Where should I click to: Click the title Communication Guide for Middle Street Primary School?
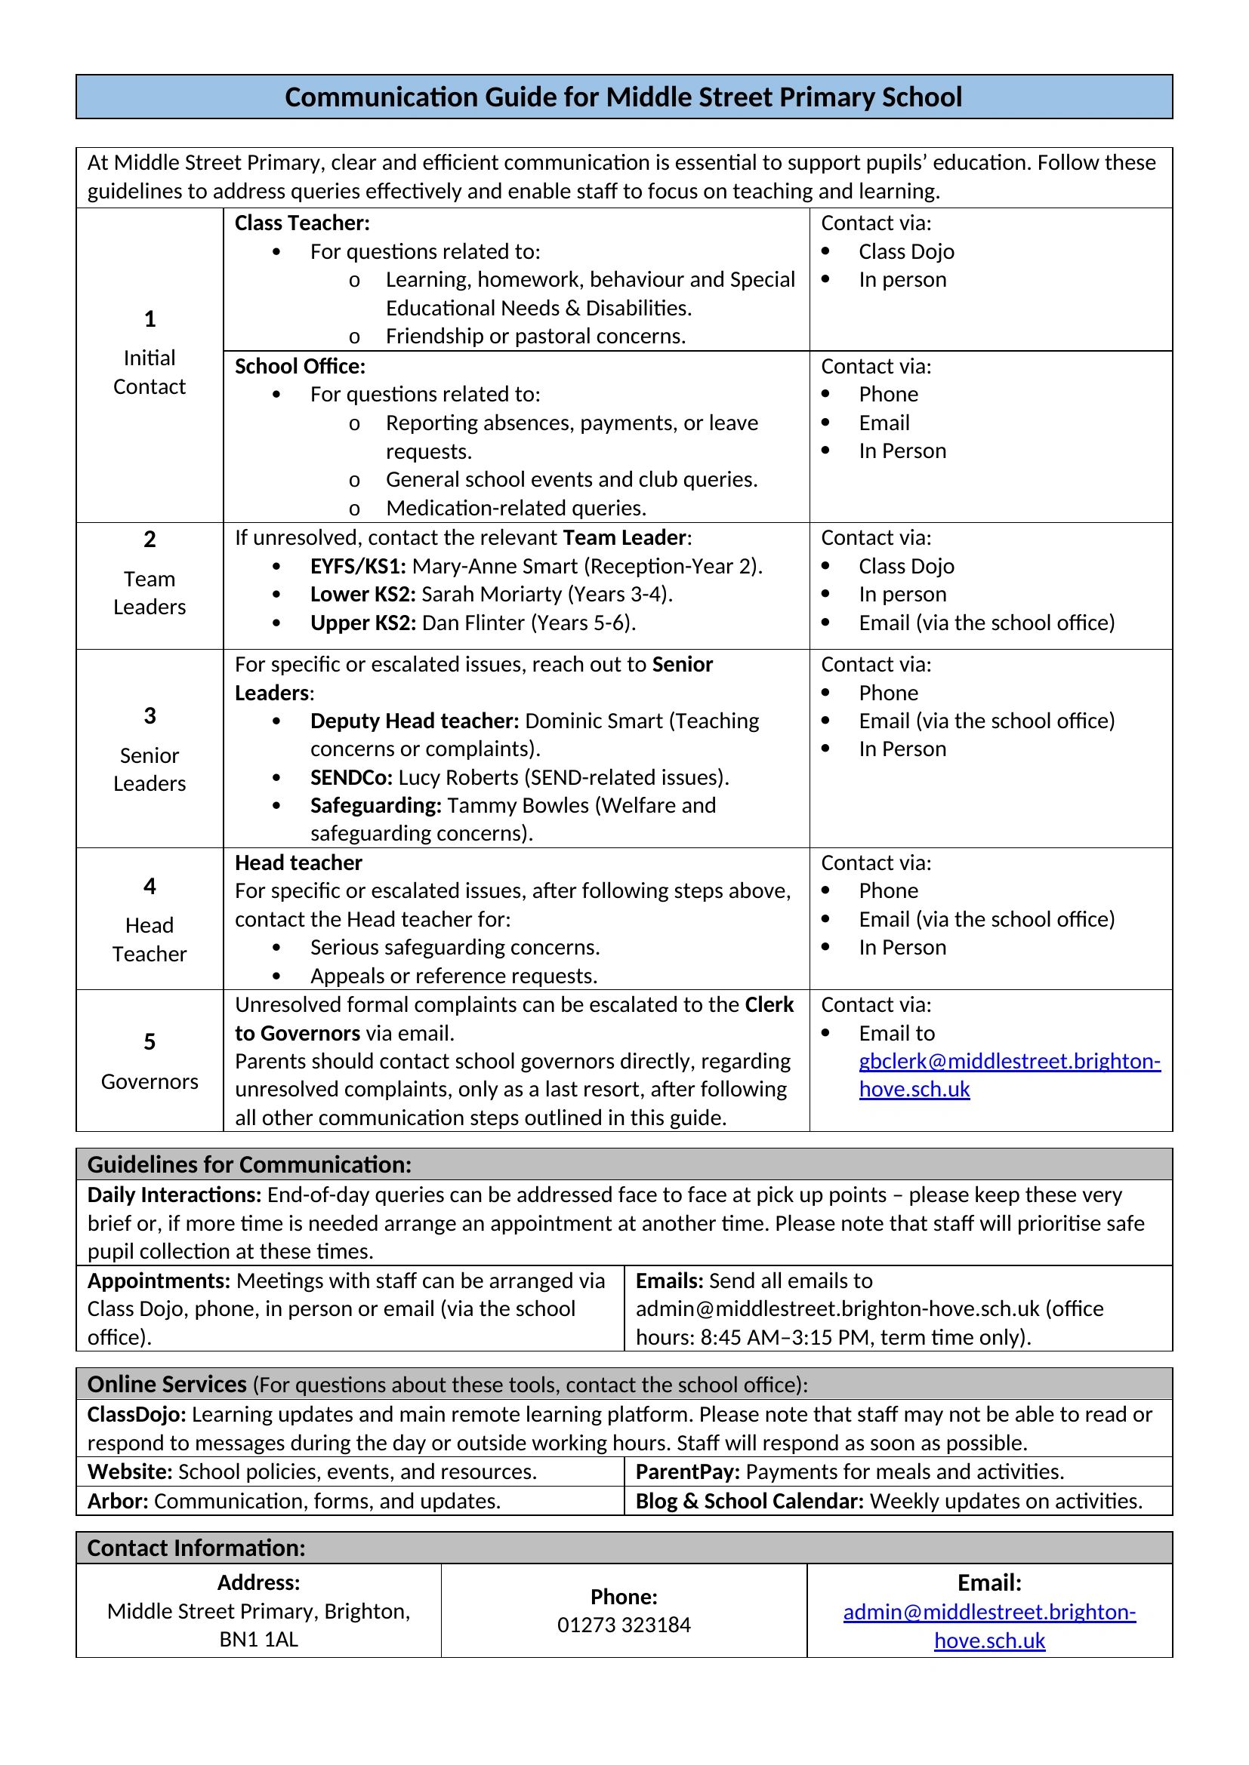(x=623, y=97)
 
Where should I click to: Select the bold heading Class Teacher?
(x=302, y=223)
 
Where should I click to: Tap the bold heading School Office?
(x=300, y=366)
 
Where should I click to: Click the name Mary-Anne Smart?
(x=495, y=567)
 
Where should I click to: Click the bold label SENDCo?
(x=351, y=777)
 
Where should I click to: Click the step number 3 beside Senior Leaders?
(x=150, y=715)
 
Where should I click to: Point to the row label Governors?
(x=150, y=1081)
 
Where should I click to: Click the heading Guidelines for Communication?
(x=249, y=1164)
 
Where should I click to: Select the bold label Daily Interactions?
(x=174, y=1195)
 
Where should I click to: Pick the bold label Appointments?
(x=159, y=1281)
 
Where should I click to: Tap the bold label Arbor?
(x=118, y=1501)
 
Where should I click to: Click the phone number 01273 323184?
(x=624, y=1625)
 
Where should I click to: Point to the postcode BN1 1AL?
(x=258, y=1640)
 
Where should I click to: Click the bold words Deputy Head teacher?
(x=415, y=721)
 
